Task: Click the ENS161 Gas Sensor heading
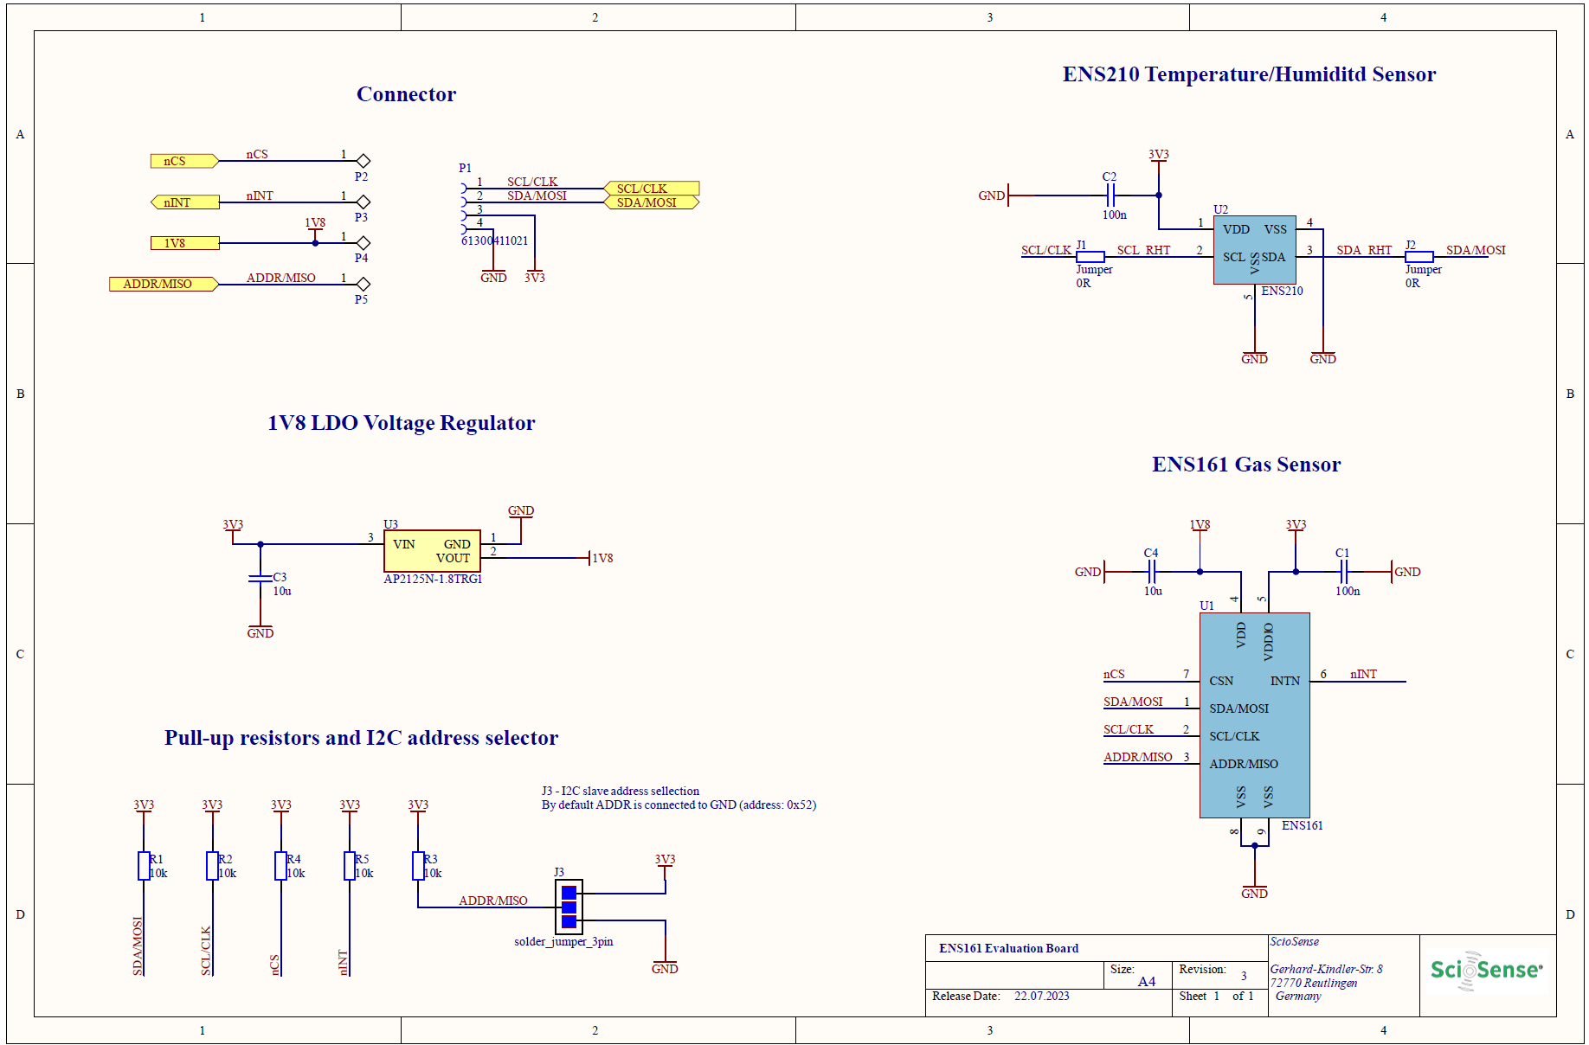(1245, 465)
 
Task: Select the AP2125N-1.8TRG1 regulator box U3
(432, 550)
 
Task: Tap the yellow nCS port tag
(183, 161)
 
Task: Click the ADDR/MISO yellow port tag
(162, 284)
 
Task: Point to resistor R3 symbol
(418, 866)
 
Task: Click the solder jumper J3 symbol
(569, 907)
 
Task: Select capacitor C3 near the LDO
(261, 578)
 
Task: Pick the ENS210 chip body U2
(1254, 249)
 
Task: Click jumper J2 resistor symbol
(1419, 257)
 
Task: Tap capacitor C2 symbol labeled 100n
(1111, 195)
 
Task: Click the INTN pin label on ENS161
(1284, 681)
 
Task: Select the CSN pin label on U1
(1221, 681)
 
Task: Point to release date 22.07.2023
(1041, 997)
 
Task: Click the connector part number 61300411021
(494, 240)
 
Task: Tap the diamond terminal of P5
(363, 284)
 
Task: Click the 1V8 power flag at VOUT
(601, 558)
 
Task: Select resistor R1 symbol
(144, 866)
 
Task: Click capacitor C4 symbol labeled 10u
(1151, 572)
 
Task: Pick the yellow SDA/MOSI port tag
(650, 202)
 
